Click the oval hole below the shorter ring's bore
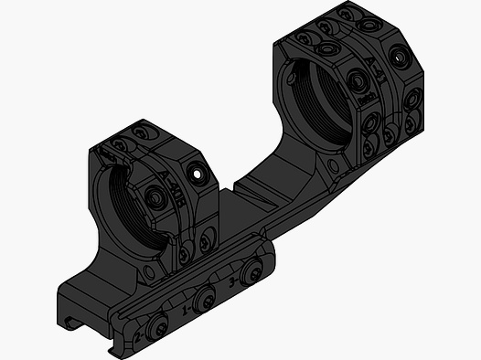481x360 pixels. coord(146,273)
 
